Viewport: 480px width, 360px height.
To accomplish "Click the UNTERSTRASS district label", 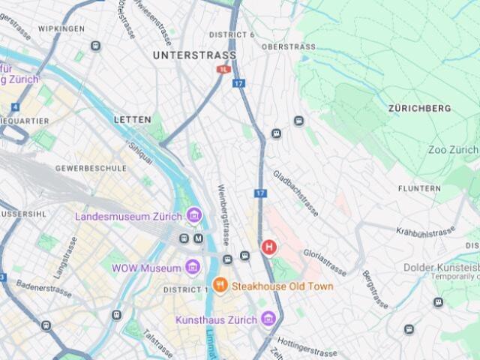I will point(194,55).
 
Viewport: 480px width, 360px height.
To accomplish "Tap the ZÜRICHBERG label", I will point(420,109).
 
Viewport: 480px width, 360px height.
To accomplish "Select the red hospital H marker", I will point(268,246).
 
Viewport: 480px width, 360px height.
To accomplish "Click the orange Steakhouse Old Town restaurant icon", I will point(220,285).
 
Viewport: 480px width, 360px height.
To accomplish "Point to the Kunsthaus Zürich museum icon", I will point(268,320).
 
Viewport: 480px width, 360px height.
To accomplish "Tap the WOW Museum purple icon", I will point(193,268).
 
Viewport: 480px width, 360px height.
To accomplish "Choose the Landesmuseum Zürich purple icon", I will point(194,217).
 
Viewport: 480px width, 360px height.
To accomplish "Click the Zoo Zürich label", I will point(452,150).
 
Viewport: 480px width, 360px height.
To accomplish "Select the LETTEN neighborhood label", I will point(132,119).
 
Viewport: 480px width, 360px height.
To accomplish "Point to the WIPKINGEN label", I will point(61,28).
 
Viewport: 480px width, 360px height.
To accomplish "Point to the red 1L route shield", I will point(223,69).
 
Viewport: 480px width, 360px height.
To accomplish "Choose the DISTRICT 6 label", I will point(232,34).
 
